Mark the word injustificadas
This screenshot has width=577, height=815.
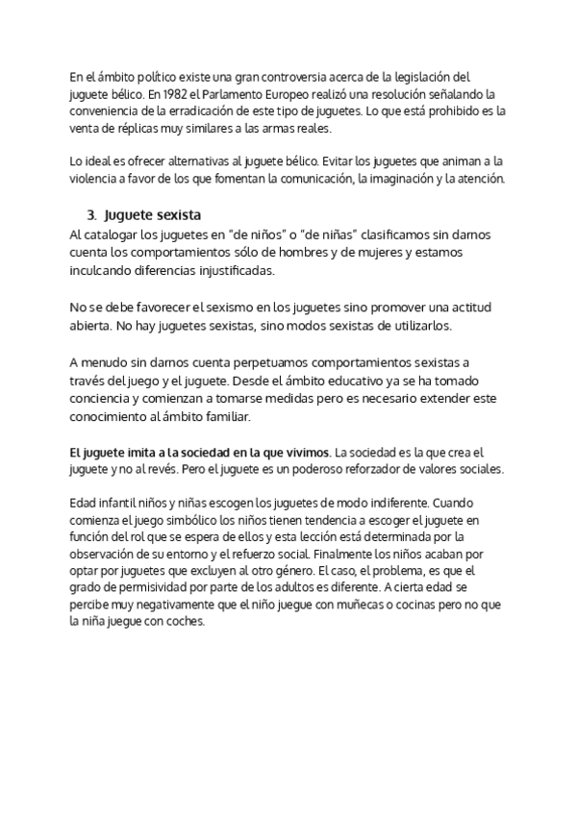[228, 271]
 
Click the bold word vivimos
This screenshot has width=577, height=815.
[303, 451]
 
